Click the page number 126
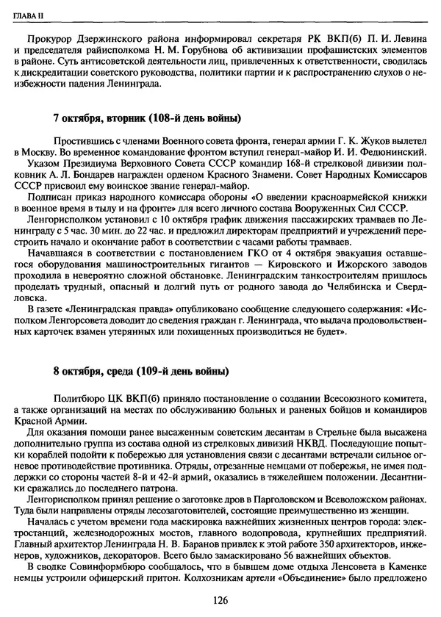click(x=218, y=600)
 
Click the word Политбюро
click(x=78, y=398)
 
